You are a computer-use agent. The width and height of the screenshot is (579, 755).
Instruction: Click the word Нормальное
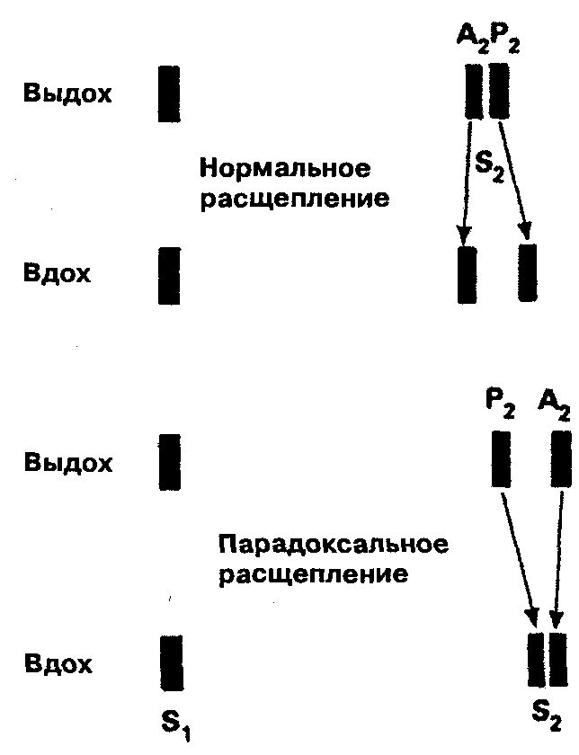coord(285,170)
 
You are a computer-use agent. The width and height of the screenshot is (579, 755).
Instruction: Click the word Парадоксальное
coord(333,545)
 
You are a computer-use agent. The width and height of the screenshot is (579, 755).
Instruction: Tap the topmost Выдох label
coord(68,93)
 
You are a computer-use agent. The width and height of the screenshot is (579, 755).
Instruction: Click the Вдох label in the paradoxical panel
coord(58,665)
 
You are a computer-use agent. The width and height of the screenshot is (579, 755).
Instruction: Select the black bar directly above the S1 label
coord(171,662)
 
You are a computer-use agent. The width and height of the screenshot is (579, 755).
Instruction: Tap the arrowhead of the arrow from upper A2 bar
coord(464,235)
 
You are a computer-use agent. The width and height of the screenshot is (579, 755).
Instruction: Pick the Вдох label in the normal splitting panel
coord(58,273)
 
